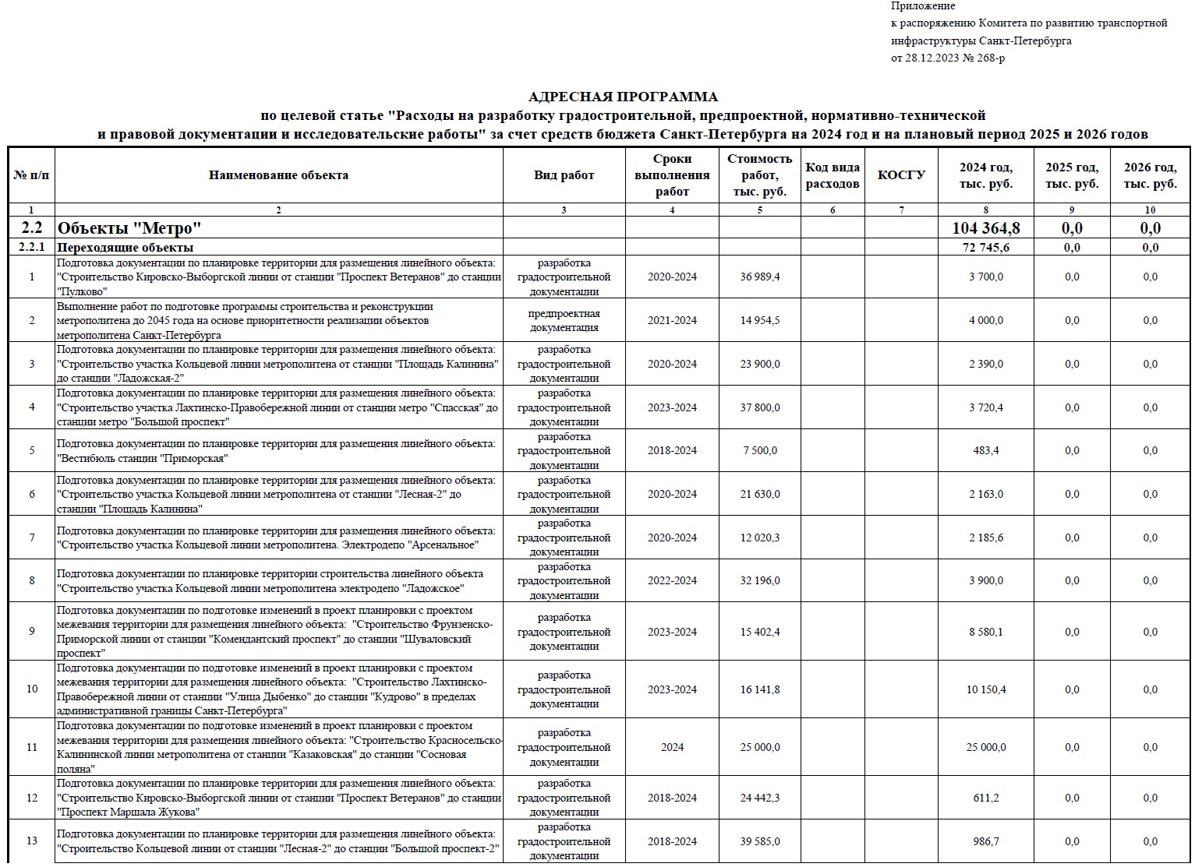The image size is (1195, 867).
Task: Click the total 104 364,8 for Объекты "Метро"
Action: [x=985, y=228]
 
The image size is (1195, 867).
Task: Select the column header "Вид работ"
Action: [x=564, y=175]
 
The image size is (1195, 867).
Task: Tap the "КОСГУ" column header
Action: [x=901, y=175]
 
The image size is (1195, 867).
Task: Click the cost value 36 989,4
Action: [x=759, y=277]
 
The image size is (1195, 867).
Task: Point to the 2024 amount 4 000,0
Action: [x=985, y=320]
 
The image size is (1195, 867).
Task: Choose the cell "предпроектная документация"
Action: [x=564, y=320]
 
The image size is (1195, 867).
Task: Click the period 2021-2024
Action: [x=672, y=320]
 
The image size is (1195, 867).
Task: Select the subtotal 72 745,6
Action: [x=985, y=248]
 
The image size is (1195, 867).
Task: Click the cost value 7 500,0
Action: [x=759, y=450]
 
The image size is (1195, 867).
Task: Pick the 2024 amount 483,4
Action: [x=985, y=450]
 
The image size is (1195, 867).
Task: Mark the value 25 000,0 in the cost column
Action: [x=759, y=747]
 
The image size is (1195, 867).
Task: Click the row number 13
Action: [x=32, y=841]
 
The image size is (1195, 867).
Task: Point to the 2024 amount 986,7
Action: [x=985, y=841]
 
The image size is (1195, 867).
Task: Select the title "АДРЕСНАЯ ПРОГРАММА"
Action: [x=623, y=97]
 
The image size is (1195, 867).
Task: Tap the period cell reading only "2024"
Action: [x=672, y=747]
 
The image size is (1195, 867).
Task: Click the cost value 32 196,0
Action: [x=759, y=580]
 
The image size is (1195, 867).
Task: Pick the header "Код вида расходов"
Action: [x=832, y=175]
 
